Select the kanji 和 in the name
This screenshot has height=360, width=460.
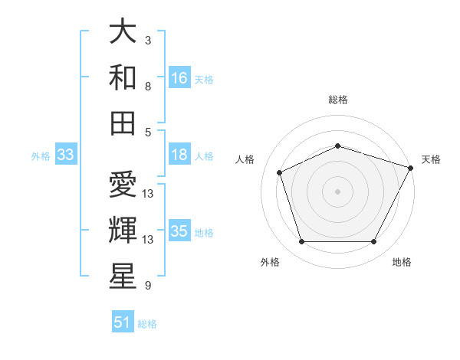[123, 77]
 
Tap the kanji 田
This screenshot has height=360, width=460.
[123, 123]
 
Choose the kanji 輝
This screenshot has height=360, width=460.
[123, 230]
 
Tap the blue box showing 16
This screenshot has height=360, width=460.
[179, 77]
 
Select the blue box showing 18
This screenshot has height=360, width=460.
[179, 155]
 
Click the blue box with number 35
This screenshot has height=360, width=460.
[179, 231]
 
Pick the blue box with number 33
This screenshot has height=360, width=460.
[65, 155]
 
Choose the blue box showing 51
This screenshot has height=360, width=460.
[123, 322]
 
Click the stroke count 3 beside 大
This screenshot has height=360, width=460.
[148, 40]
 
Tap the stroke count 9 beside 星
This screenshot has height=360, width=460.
[148, 286]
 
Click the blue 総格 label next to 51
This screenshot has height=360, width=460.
[147, 324]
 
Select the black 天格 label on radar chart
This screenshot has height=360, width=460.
[431, 159]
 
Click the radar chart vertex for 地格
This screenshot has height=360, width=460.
[373, 242]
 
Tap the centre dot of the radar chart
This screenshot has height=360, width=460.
[337, 191]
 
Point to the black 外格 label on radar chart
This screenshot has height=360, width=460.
[270, 262]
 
